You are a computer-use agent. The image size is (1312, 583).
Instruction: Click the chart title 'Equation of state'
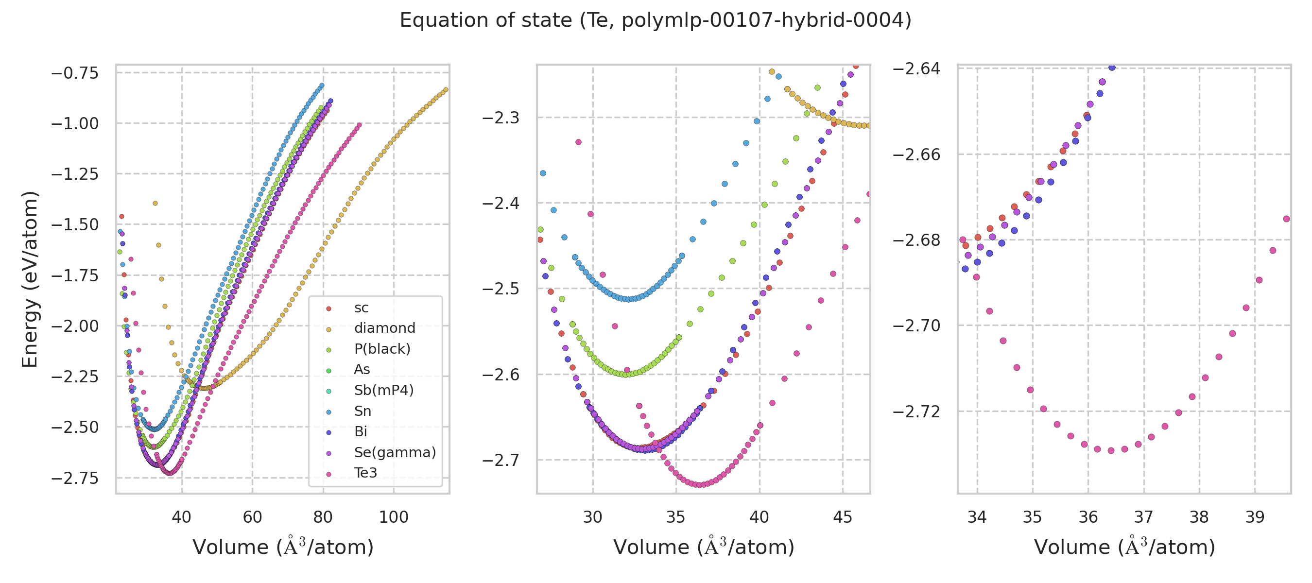[656, 20]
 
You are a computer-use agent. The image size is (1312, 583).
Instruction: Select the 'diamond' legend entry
[384, 328]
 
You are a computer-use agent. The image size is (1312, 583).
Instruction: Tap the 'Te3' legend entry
[366, 473]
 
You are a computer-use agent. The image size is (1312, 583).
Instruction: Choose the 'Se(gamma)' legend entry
[395, 452]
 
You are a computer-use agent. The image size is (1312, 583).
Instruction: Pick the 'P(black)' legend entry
[382, 349]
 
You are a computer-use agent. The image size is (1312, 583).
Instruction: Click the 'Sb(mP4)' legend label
[383, 390]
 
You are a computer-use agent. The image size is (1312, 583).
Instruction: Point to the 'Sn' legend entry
[363, 411]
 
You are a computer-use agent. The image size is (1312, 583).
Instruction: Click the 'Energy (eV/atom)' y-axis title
[30, 279]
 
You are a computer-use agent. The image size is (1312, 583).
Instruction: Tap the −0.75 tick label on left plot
[75, 73]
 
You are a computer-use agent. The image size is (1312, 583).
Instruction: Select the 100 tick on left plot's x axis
[394, 517]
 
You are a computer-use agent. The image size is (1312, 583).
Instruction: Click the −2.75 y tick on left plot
[75, 478]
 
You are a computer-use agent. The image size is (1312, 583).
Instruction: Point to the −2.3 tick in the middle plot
[501, 118]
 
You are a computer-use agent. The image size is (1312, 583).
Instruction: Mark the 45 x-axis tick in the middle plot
[843, 517]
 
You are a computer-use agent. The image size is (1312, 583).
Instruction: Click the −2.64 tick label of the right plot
[916, 68]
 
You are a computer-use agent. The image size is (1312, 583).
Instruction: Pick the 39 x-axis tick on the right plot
[1255, 517]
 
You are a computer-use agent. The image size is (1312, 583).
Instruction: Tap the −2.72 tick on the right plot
[916, 412]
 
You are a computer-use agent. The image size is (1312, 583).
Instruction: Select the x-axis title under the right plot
[1124, 547]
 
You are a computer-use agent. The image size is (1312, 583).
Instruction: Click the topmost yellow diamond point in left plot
[155, 204]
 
